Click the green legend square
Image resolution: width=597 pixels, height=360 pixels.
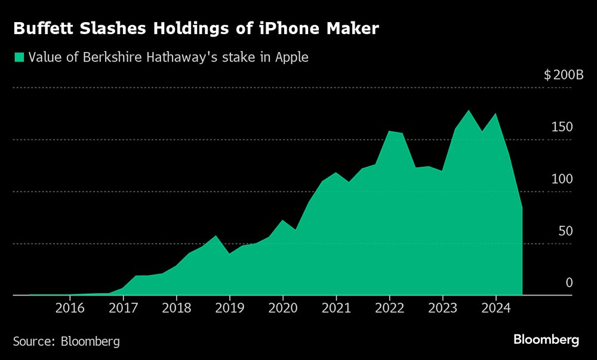19,57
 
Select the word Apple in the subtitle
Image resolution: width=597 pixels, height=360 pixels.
291,57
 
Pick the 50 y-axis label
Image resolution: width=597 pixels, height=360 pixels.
565,231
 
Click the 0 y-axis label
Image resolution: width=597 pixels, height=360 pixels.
569,282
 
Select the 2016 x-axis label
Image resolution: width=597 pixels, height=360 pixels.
70,308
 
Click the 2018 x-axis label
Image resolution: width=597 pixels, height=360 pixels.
176,308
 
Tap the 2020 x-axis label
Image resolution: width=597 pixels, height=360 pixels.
283,308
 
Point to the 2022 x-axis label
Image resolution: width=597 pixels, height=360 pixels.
389,308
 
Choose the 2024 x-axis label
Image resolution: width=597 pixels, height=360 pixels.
496,308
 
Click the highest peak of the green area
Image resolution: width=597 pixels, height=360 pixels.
469,110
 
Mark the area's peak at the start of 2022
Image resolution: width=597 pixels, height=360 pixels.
389,131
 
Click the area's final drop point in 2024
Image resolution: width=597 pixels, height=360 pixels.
522,207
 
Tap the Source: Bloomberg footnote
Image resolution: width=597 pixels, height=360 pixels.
66,341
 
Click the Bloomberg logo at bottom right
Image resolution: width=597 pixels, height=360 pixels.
546,340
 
